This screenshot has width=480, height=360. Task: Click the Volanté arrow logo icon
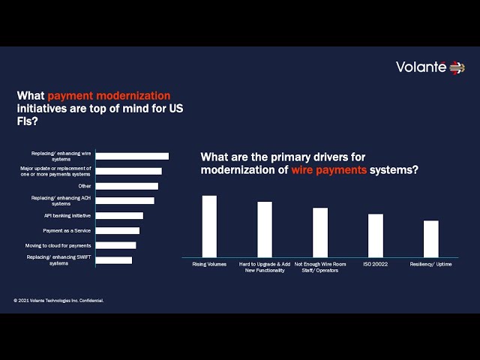(x=457, y=67)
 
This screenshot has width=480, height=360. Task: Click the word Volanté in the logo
(x=421, y=67)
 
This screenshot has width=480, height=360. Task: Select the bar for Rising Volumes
(x=209, y=226)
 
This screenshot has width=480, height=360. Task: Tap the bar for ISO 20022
(x=376, y=235)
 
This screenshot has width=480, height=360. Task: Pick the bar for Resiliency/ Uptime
(x=431, y=238)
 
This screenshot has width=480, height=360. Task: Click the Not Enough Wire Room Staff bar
(x=320, y=232)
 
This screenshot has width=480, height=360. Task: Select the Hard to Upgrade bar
(x=265, y=229)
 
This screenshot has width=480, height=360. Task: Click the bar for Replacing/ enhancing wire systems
(x=132, y=156)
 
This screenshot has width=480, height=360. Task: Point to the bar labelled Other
(x=127, y=186)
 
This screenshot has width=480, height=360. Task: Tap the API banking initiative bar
(x=119, y=215)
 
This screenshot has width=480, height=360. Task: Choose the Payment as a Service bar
(x=118, y=230)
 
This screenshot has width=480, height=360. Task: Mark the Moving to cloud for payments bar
(x=116, y=245)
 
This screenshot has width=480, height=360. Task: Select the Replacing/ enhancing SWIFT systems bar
(x=114, y=260)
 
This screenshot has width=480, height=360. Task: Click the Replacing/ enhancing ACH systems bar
(x=125, y=200)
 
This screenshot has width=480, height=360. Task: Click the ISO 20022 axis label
(x=376, y=264)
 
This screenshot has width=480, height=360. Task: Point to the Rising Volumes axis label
(x=209, y=264)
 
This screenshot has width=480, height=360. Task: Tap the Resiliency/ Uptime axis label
(x=430, y=264)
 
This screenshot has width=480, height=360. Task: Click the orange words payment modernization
(x=109, y=96)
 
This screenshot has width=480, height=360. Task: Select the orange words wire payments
(x=329, y=170)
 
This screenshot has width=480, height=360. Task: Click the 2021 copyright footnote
(x=58, y=301)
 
